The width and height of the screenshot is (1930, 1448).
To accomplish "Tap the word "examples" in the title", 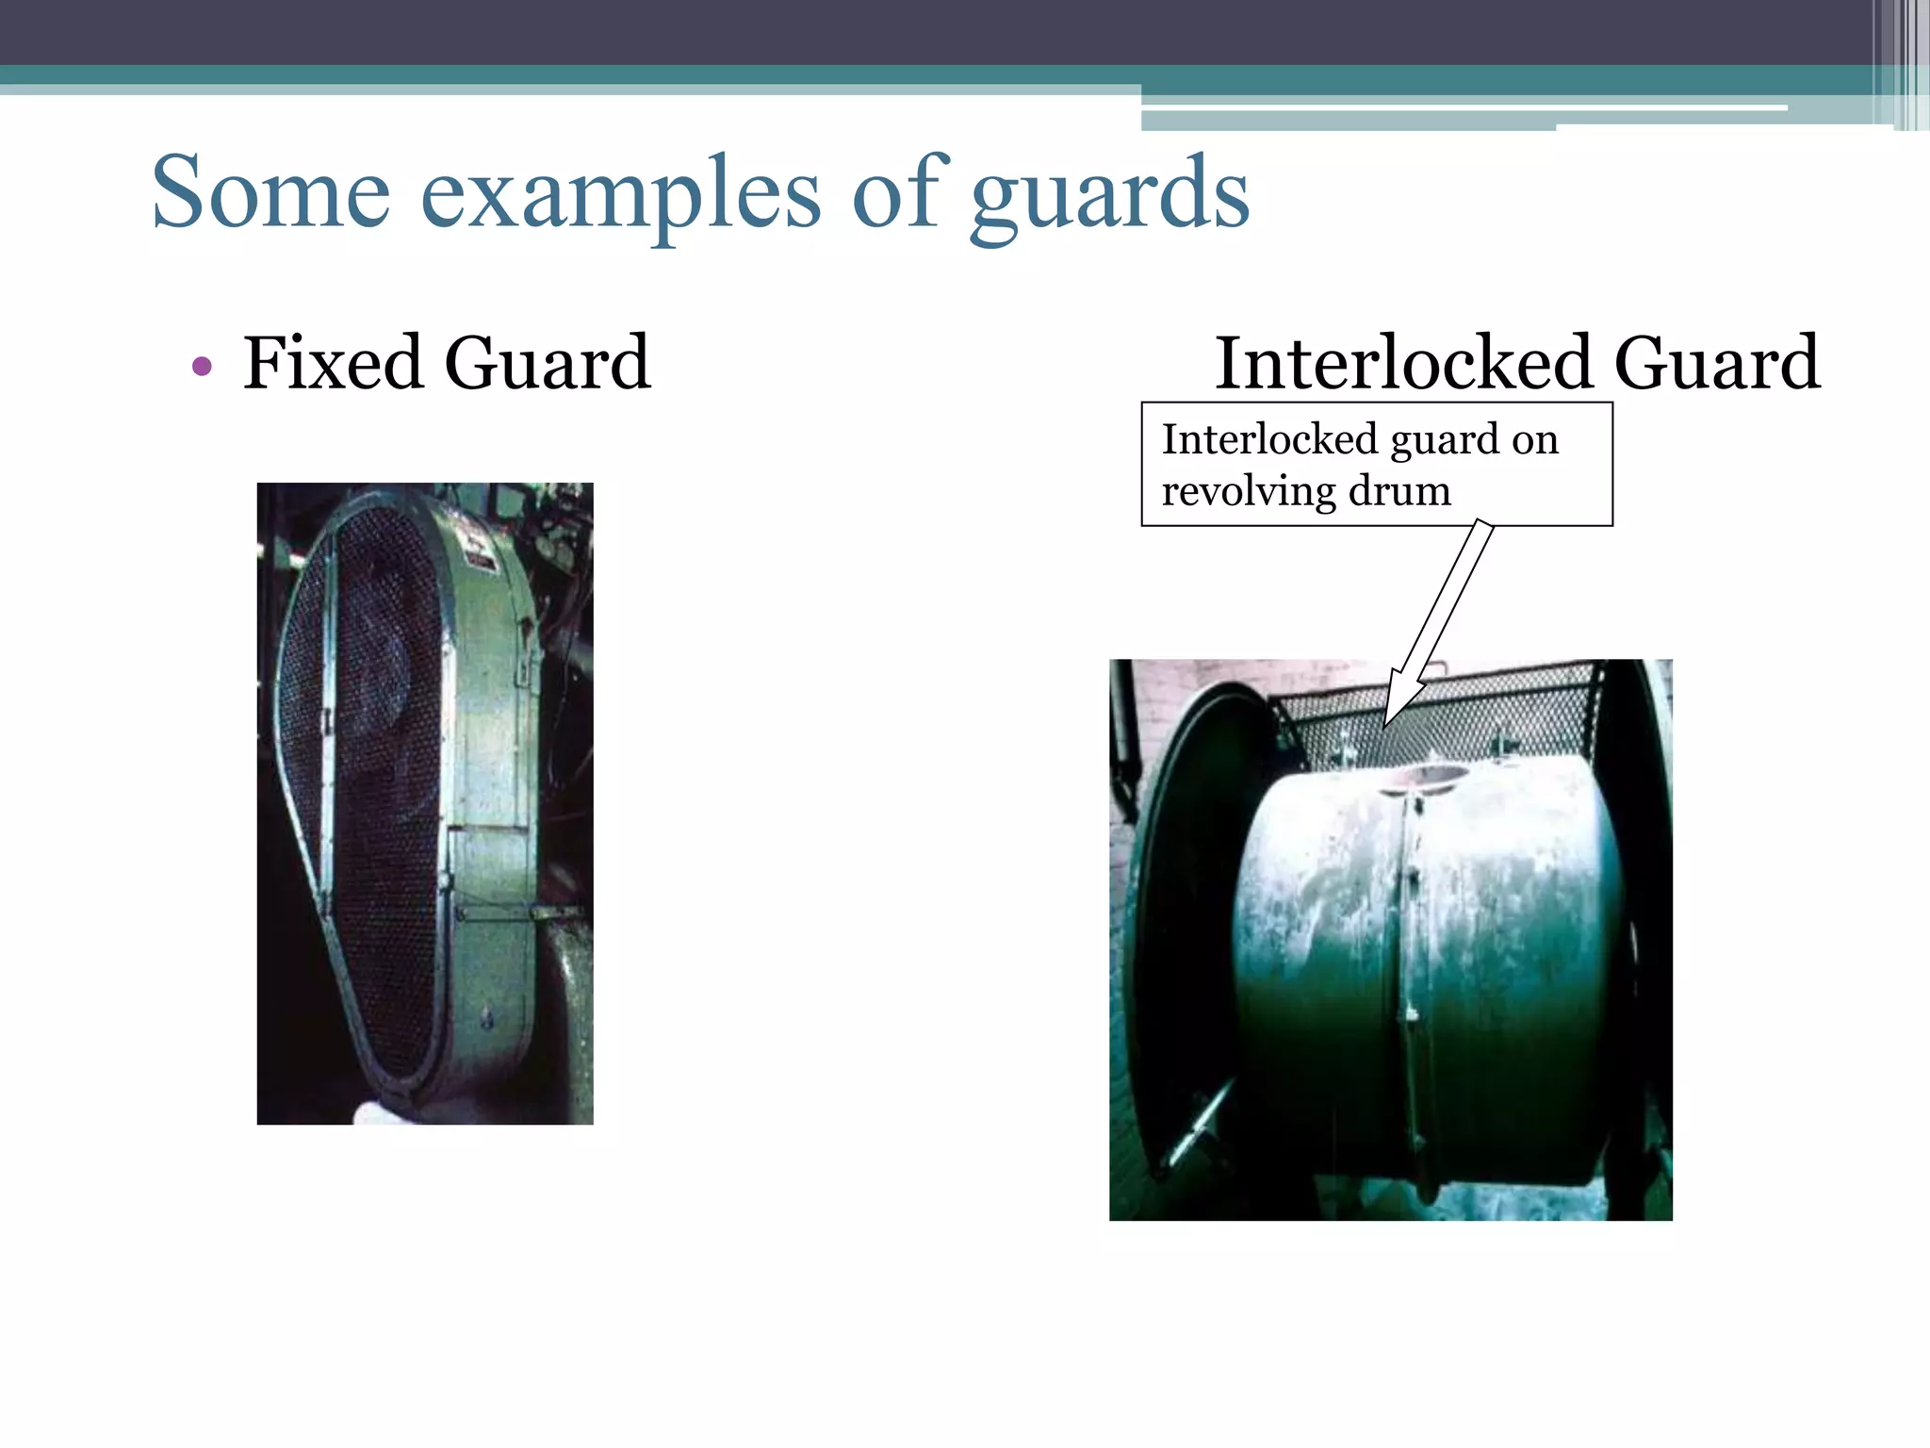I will pos(620,194).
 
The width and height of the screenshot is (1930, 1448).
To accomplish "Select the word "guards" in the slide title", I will pos(1109,194).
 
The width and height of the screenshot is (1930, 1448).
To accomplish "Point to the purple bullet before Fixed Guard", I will pos(201,366).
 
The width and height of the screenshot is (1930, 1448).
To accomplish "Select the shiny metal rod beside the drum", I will pos(1199,1121).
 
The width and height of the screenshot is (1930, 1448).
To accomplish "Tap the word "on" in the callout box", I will pos(1536,439).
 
